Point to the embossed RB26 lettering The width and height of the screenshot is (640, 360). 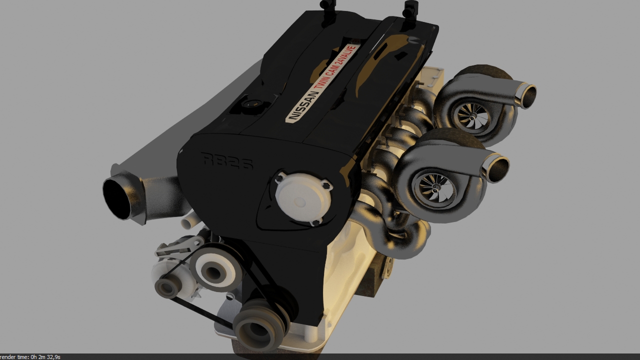tap(227, 161)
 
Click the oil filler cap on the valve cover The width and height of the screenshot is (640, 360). tap(252, 103)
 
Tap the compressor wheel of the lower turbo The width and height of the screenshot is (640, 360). tap(435, 187)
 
